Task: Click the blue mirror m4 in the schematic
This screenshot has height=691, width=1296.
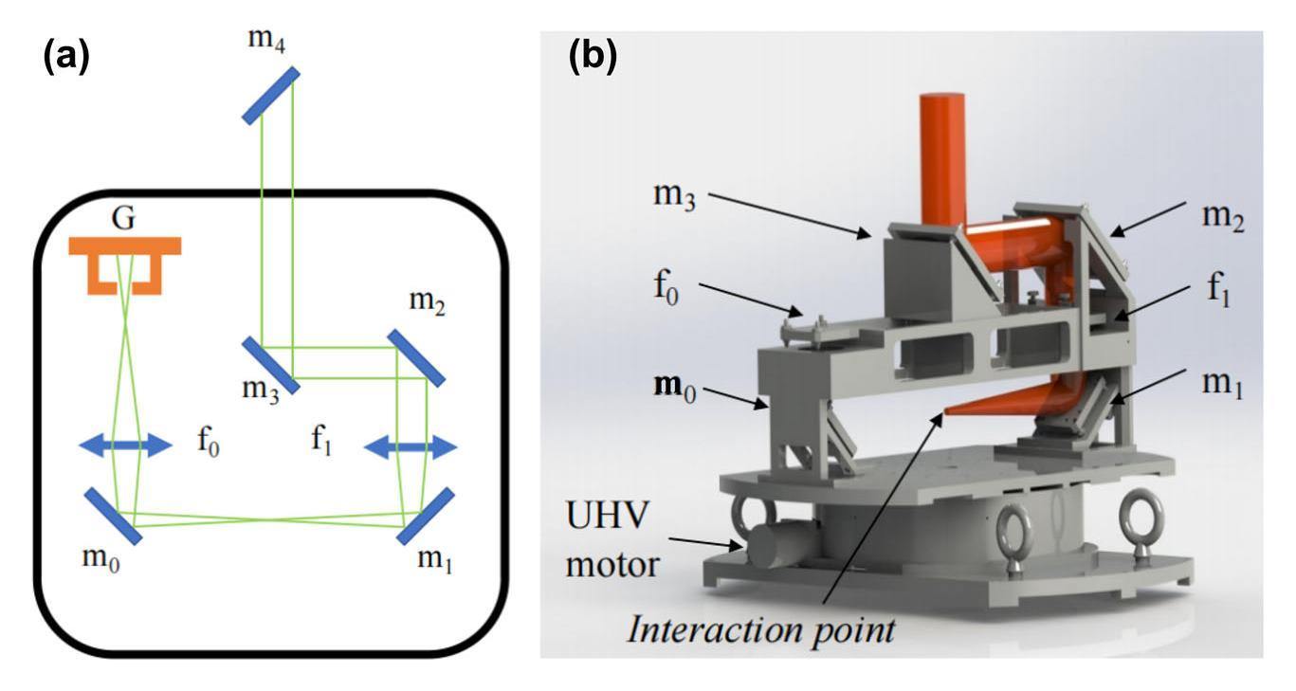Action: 271,96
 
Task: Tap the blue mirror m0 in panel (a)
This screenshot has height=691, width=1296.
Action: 113,517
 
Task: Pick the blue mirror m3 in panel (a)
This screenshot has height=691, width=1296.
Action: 271,365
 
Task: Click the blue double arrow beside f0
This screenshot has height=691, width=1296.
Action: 125,445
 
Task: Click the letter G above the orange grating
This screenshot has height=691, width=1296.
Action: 124,219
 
